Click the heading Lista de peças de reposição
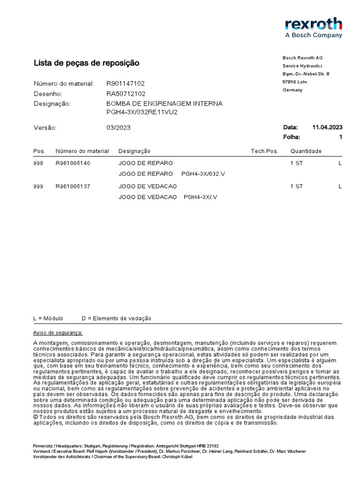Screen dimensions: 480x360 pyautogui.click(x=86, y=63)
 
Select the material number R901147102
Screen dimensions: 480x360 pyautogui.click(x=126, y=83)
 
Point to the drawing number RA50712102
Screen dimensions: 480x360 pyautogui.click(x=126, y=93)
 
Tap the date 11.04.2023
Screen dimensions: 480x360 pyautogui.click(x=327, y=127)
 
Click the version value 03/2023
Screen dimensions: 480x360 pyautogui.click(x=119, y=127)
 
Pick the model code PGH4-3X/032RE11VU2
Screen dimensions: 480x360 pyautogui.click(x=142, y=112)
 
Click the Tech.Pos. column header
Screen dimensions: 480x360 pyautogui.click(x=264, y=151)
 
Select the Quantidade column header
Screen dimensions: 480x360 pyautogui.click(x=306, y=151)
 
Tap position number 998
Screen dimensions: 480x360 pyautogui.click(x=38, y=163)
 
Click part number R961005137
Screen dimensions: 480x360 pyautogui.click(x=73, y=186)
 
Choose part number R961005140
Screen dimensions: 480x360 pyautogui.click(x=73, y=163)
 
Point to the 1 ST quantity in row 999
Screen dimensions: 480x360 pyautogui.click(x=297, y=186)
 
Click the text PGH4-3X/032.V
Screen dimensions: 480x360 pyautogui.click(x=203, y=173)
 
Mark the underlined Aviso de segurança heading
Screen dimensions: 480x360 pyautogui.click(x=58, y=332)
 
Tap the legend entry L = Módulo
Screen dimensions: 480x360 pyautogui.click(x=48, y=318)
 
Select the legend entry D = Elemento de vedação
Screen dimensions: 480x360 pyautogui.click(x=116, y=318)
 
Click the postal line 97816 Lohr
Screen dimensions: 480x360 pyautogui.click(x=295, y=82)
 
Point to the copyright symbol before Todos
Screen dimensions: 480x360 pyautogui.click(x=36, y=416)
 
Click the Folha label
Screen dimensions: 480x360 pyautogui.click(x=292, y=137)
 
